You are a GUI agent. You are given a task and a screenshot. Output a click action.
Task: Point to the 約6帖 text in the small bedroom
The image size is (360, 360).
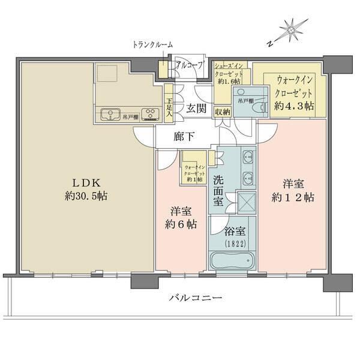(181, 225)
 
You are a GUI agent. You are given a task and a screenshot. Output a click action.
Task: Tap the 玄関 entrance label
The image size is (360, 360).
(196, 109)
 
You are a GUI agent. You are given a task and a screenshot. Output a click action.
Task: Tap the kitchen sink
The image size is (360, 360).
(110, 114)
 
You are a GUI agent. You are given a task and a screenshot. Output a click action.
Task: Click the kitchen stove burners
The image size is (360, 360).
(151, 114)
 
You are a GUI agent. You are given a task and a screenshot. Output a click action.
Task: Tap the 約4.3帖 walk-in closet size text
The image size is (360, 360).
(293, 105)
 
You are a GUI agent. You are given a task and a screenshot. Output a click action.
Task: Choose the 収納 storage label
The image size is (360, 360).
(222, 111)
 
